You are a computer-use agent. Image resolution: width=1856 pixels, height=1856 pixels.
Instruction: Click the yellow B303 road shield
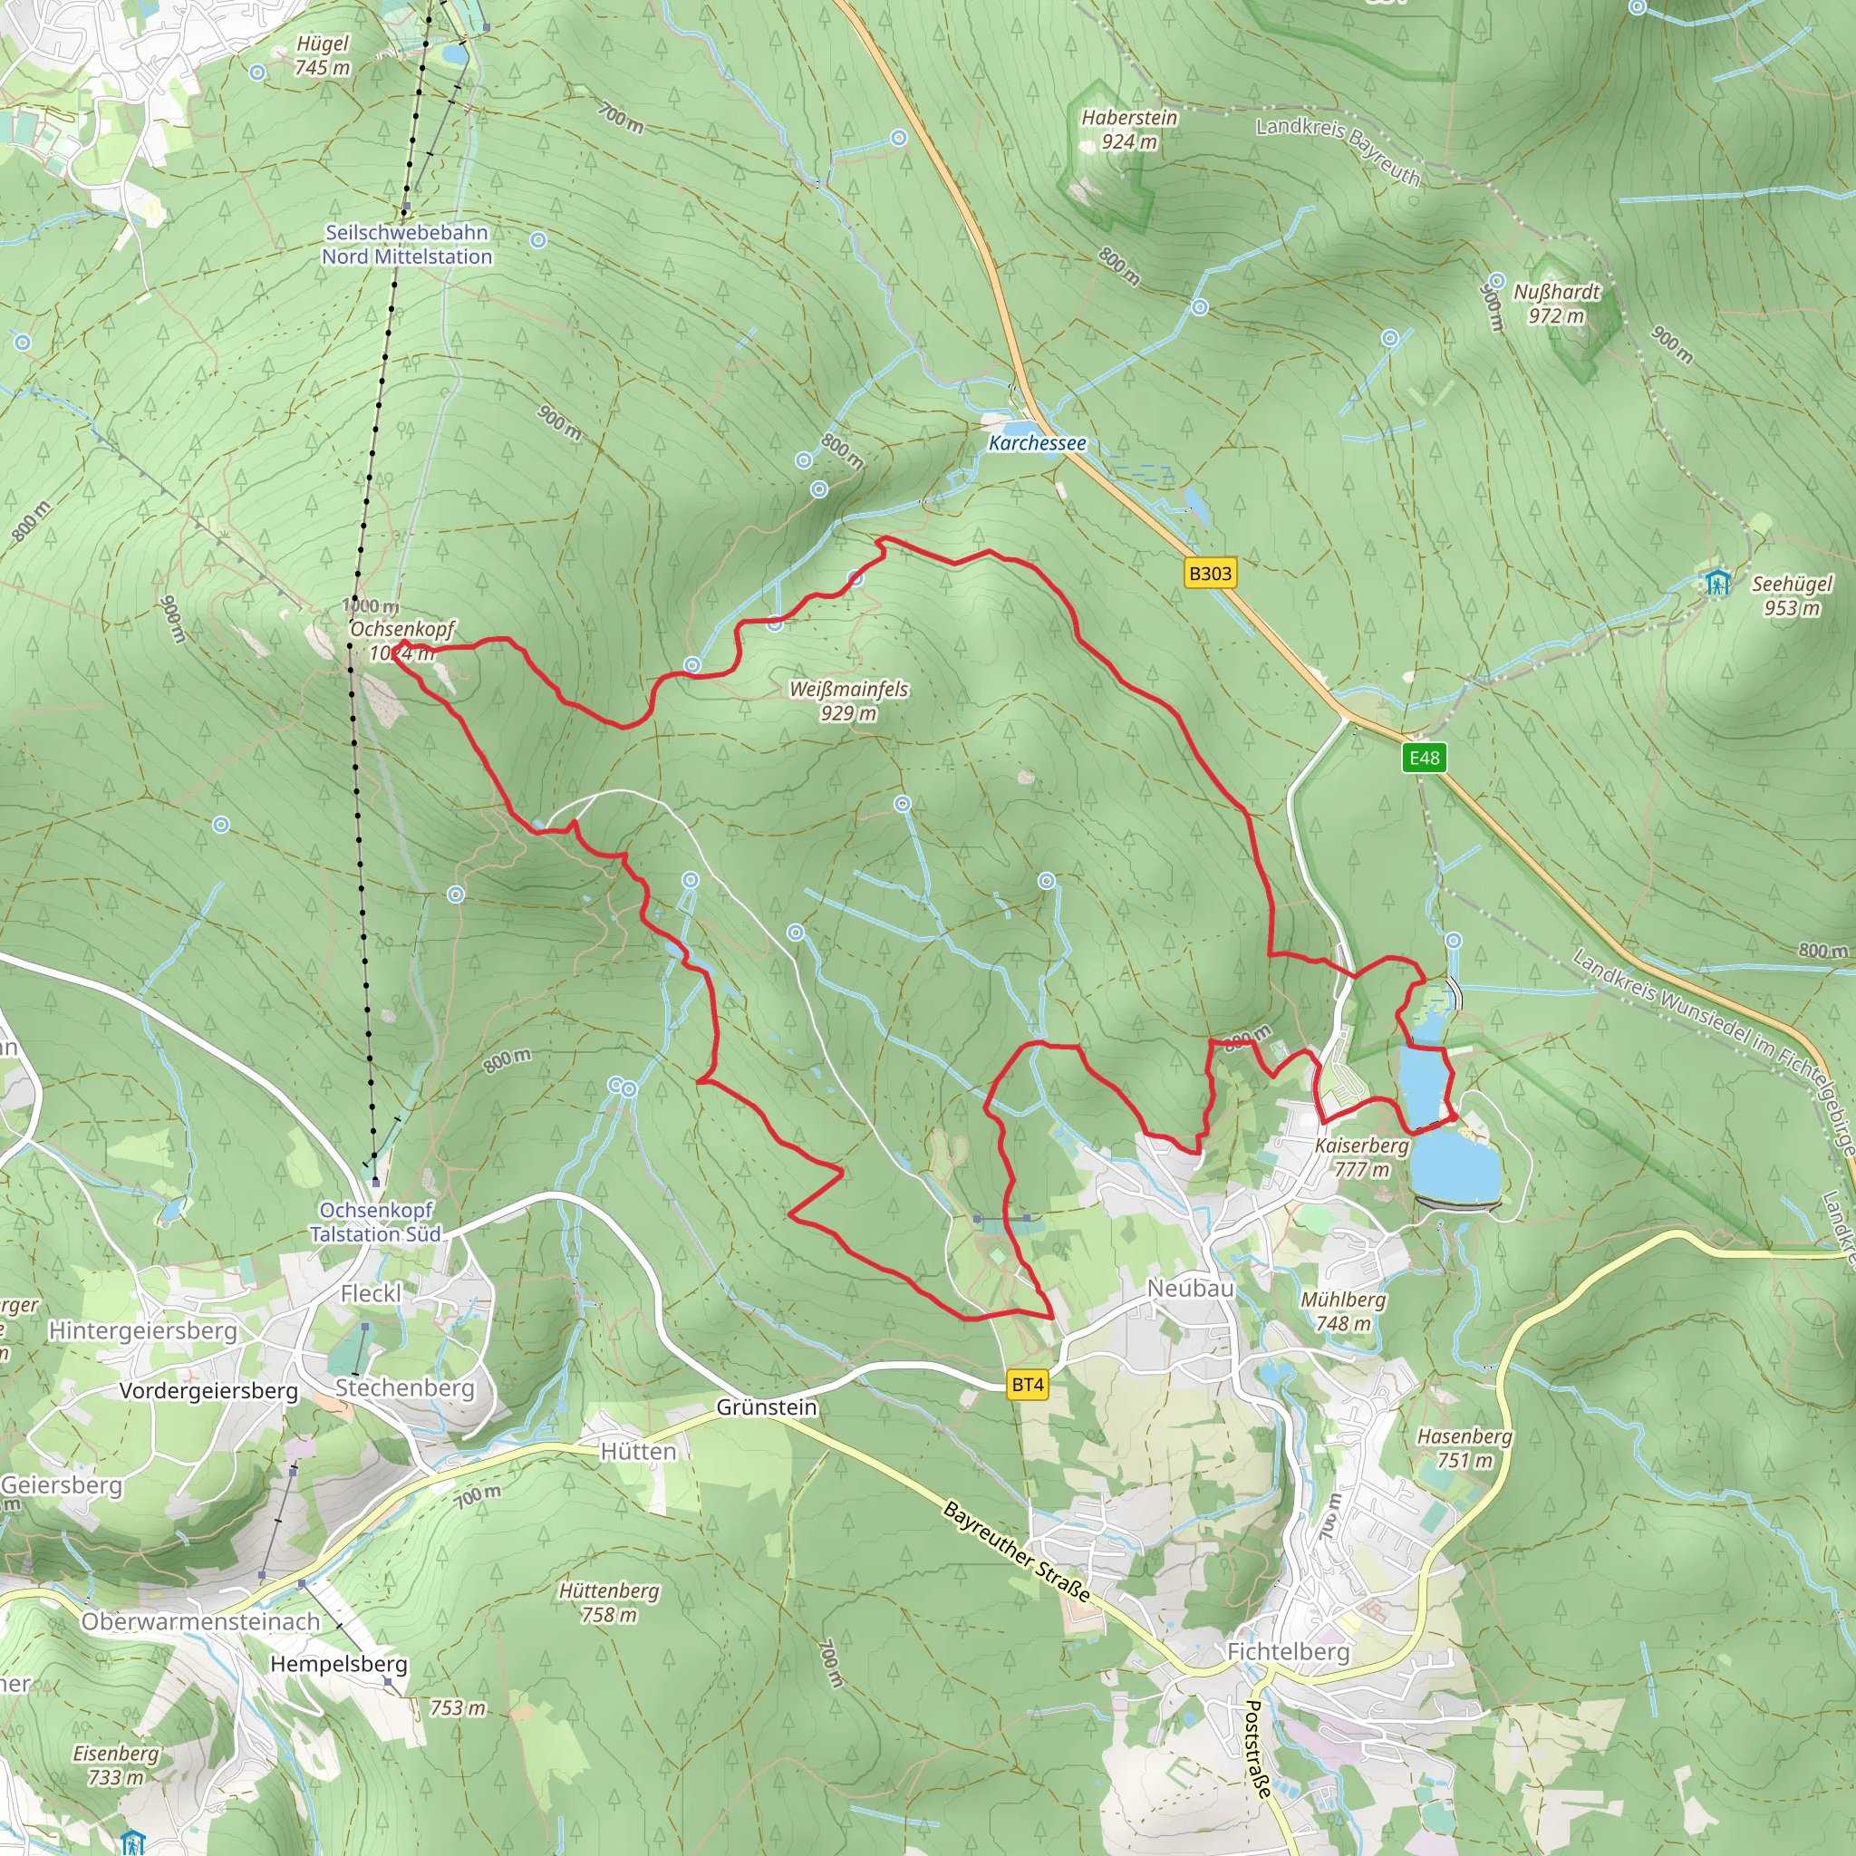1210,574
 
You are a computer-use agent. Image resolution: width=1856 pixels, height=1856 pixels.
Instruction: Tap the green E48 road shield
1424,758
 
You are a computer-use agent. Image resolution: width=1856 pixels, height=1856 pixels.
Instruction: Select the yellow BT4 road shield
1027,1385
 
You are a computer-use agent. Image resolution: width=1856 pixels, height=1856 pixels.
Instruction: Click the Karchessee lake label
1038,443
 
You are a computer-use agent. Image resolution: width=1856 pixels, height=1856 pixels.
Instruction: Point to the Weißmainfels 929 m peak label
848,701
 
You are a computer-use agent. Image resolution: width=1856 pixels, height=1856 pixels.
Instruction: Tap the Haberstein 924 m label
1129,130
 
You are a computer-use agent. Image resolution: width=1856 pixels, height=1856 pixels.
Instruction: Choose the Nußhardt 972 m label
1556,304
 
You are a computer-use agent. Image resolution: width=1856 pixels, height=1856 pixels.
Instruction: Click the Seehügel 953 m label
1792,595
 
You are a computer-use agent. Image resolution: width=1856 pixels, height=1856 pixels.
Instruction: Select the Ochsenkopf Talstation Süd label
375,1222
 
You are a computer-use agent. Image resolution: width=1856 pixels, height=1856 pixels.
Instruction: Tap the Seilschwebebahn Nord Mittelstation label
406,244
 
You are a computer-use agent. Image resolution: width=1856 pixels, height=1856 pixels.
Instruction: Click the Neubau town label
1190,1289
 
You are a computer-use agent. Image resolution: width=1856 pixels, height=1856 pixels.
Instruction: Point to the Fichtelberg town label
1289,1651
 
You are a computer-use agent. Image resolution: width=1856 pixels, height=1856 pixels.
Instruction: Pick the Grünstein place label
767,1406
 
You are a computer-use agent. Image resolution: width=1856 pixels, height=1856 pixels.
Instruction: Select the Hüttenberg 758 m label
609,1602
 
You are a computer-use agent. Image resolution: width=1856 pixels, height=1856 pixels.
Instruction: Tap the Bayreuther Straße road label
1018,1551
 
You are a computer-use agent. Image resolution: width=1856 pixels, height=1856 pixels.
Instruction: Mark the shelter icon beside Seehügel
1717,582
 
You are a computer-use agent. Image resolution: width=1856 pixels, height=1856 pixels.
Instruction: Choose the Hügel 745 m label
323,54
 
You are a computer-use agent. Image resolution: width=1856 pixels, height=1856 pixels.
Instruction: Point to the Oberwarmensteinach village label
201,1620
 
